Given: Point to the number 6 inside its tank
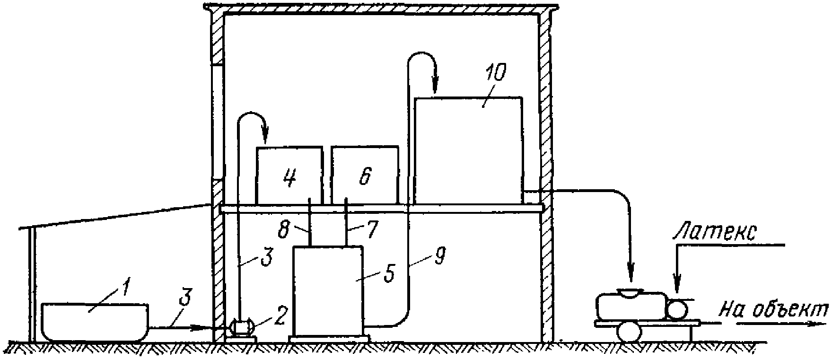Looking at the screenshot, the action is [x=365, y=176].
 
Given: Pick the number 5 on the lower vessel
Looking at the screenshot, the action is [x=389, y=275].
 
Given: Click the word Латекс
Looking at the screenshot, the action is [x=715, y=233].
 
